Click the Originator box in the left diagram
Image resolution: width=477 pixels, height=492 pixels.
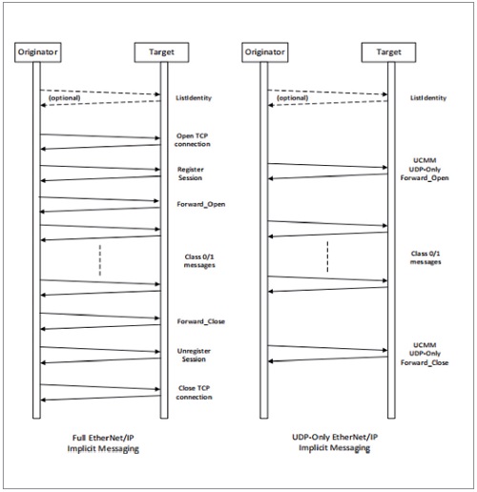click(38, 52)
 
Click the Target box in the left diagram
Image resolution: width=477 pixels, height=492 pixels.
click(161, 52)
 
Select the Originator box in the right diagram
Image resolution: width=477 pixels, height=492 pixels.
click(265, 52)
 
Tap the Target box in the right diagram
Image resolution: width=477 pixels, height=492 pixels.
click(388, 52)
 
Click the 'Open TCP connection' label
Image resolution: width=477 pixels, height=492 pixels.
click(193, 140)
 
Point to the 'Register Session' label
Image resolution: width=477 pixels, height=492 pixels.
click(191, 174)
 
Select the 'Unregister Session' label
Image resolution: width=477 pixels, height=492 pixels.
click(194, 355)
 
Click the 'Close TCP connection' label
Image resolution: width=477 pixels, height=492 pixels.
click(194, 393)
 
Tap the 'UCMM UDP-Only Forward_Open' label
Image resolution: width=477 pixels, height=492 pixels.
click(425, 169)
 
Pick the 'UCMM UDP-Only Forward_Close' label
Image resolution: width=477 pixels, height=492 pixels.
click(425, 354)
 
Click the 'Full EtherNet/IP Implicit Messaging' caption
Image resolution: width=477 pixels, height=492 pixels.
click(103, 443)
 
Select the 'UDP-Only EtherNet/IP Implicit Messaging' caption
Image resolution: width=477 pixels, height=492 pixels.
click(335, 442)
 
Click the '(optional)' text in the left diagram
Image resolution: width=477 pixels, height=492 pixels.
click(64, 98)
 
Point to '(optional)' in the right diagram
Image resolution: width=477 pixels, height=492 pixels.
click(293, 98)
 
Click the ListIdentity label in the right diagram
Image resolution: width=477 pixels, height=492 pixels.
click(428, 98)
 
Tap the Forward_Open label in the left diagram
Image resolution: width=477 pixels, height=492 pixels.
click(201, 204)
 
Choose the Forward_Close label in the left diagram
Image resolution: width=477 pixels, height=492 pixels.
click(201, 321)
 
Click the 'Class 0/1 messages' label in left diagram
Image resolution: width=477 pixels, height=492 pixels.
click(199, 261)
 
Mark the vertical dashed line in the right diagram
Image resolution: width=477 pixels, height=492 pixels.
click(327, 256)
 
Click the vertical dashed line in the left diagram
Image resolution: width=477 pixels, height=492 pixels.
click(100, 260)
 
